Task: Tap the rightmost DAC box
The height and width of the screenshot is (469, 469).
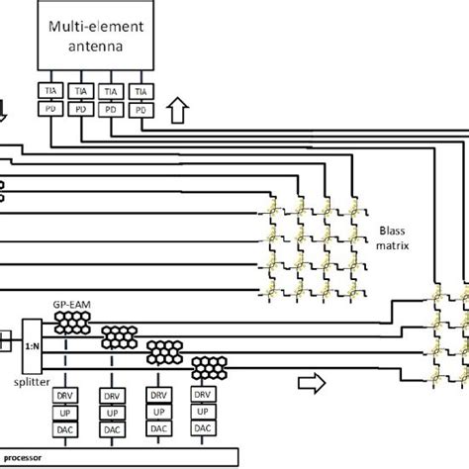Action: [202, 428]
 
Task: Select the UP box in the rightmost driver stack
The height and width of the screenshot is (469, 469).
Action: [202, 411]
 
